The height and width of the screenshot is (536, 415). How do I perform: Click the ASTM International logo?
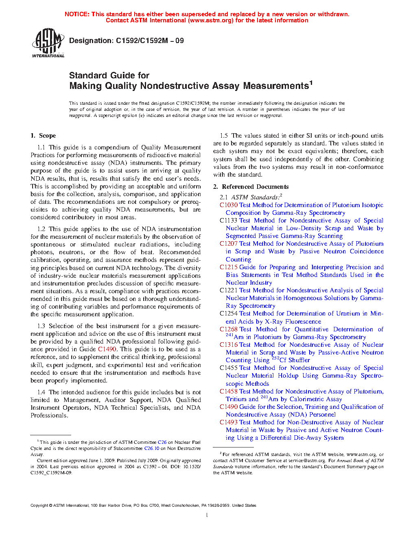pos(48,43)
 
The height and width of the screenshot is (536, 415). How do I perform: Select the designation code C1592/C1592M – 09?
pos(150,41)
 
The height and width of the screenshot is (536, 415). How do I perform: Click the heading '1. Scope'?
pos(44,136)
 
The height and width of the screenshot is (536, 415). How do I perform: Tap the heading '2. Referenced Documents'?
pos(251,187)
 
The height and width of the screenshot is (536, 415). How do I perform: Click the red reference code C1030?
pos(229,205)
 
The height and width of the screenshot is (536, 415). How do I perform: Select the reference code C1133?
pos(229,220)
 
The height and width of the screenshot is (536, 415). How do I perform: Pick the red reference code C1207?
pos(229,244)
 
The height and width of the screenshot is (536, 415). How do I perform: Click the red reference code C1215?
pos(229,267)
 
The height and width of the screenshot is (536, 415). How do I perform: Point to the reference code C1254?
pos(229,313)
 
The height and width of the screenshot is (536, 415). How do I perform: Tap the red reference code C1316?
pos(229,345)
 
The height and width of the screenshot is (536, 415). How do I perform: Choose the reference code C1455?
pos(229,368)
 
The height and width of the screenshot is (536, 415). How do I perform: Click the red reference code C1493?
pos(229,422)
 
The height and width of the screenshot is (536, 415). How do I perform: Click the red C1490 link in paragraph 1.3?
pos(107,349)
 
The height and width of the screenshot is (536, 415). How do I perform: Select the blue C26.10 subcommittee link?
pos(151,448)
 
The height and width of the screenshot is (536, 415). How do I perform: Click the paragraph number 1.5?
pos(224,136)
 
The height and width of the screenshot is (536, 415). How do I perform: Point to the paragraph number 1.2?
pos(41,229)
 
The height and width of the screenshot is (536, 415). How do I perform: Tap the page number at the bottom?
pos(207,515)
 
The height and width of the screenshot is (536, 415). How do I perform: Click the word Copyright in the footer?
pos(39,506)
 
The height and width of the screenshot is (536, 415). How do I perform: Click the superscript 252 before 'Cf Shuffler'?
pos(275,358)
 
